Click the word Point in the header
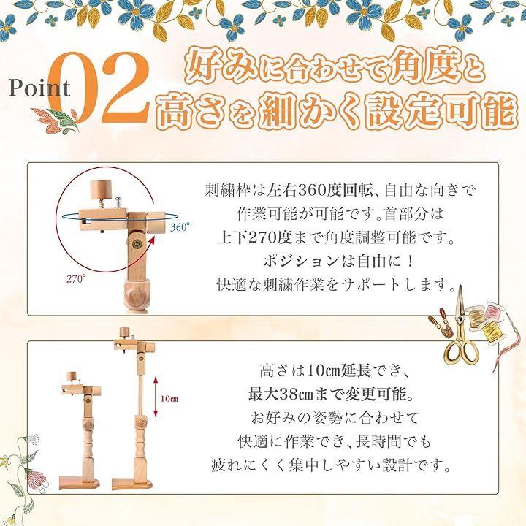pos(39,88)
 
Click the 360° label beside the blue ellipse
pos(180,227)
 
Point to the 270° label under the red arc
pos(76,279)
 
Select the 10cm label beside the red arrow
pos(169,399)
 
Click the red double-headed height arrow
pos(156,397)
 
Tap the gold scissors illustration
pos(461,330)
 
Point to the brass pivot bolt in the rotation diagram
pos(137,244)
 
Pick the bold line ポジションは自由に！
pos(339,262)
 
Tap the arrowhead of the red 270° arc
pos(152,239)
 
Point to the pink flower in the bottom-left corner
pos(34,479)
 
